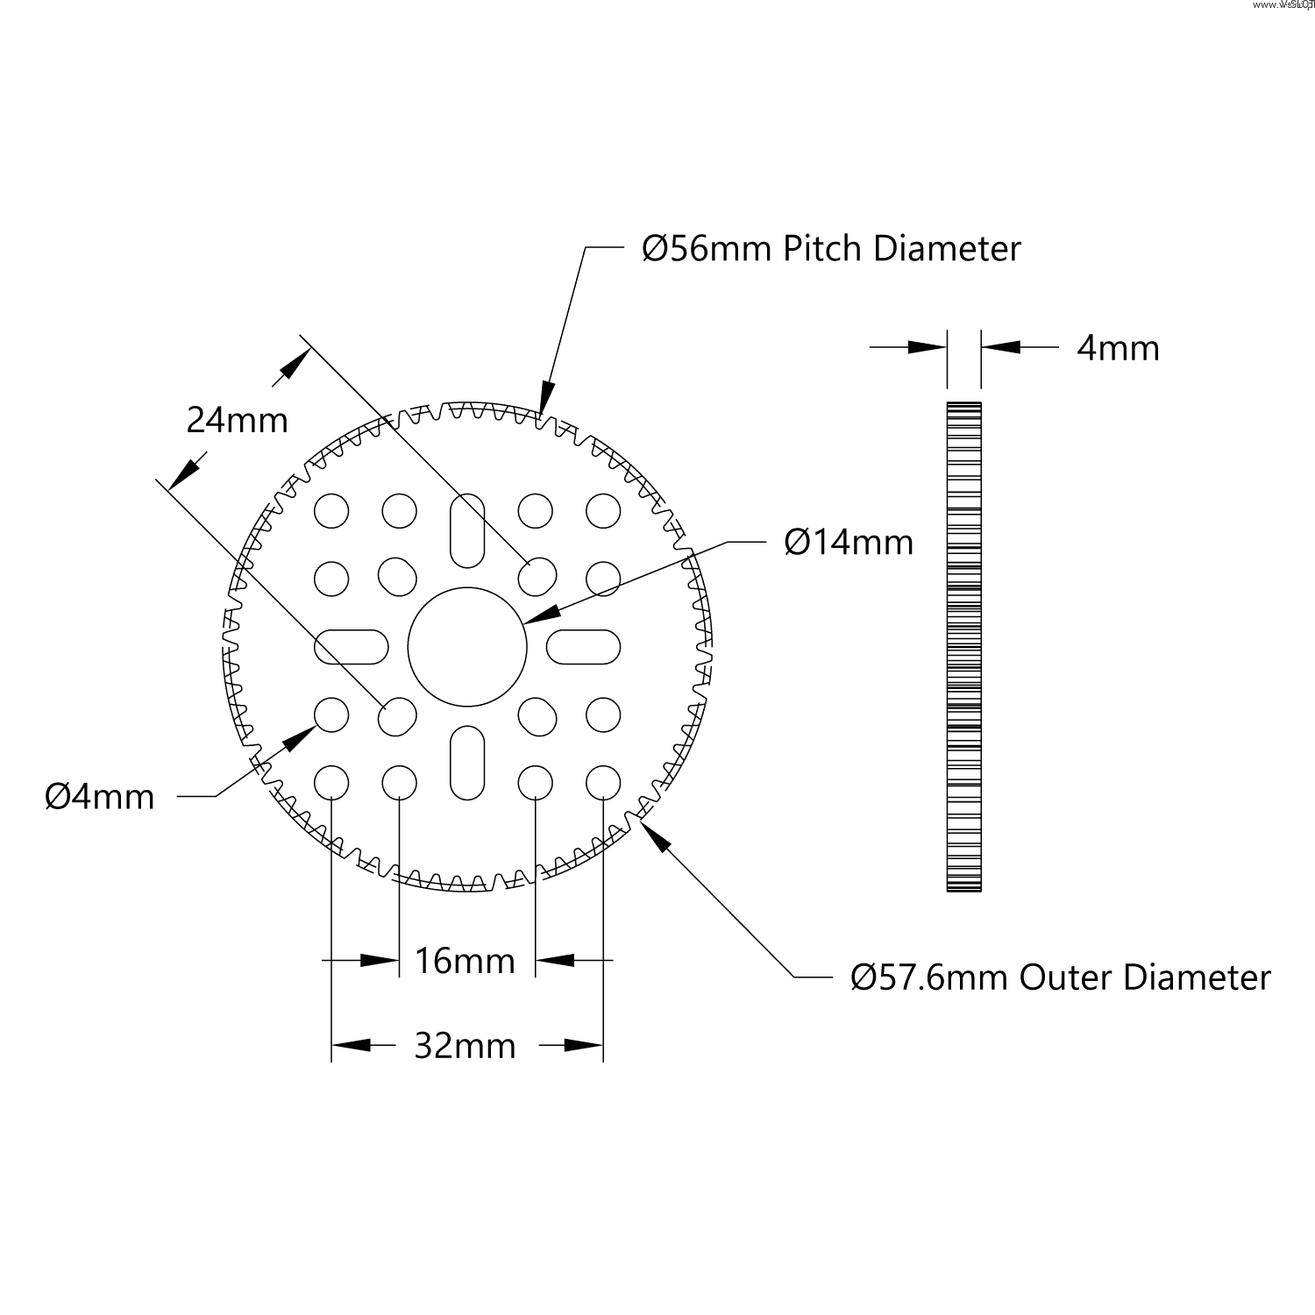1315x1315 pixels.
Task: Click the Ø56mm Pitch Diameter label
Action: click(x=831, y=249)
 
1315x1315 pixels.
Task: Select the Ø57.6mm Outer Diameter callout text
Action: click(x=1060, y=977)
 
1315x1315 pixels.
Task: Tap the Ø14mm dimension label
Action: click(x=849, y=543)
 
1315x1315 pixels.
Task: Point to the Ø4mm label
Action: click(x=100, y=797)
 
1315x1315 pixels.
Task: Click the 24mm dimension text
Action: click(x=237, y=421)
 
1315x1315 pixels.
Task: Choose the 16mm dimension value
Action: click(x=465, y=962)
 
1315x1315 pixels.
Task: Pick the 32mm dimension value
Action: click(x=465, y=1046)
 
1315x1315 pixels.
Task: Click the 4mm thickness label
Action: click(x=1118, y=349)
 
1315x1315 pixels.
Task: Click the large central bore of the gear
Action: click(x=467, y=647)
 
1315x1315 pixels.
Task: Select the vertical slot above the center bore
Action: click(x=467, y=530)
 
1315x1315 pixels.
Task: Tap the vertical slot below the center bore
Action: click(x=467, y=763)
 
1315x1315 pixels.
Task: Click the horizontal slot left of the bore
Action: click(x=351, y=647)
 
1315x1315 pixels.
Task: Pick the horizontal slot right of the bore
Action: click(x=584, y=647)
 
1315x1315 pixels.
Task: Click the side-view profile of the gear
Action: click(x=963, y=647)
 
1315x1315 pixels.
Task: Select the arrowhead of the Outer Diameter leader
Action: click(x=655, y=835)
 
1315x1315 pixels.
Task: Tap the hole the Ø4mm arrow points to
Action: click(x=331, y=715)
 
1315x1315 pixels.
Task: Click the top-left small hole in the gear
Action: click(x=331, y=510)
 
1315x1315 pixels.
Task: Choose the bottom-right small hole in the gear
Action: click(x=603, y=783)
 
